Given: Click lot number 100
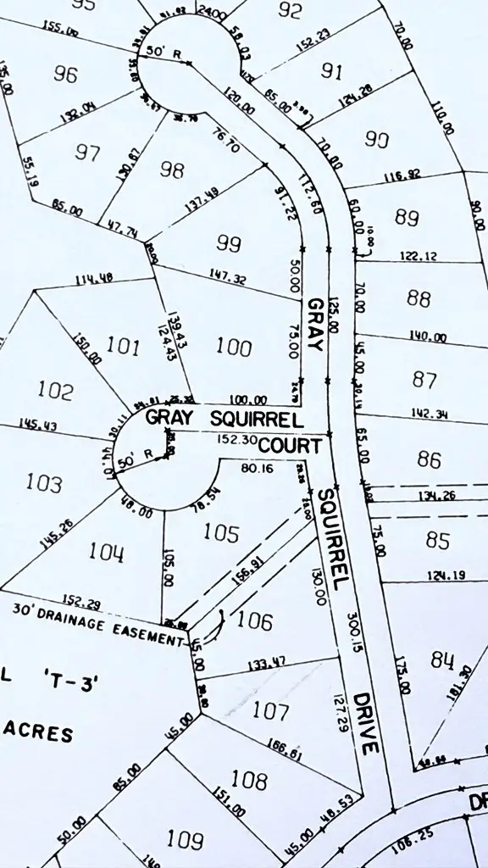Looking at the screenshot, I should coord(234,347).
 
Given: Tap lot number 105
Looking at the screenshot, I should coord(221,532).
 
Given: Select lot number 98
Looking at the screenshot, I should coord(172,170).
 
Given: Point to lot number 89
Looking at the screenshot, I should coord(407,217).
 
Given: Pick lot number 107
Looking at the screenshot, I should coord(271,710).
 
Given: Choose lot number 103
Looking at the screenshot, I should coord(44,483).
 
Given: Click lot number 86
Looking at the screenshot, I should coord(430,459).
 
